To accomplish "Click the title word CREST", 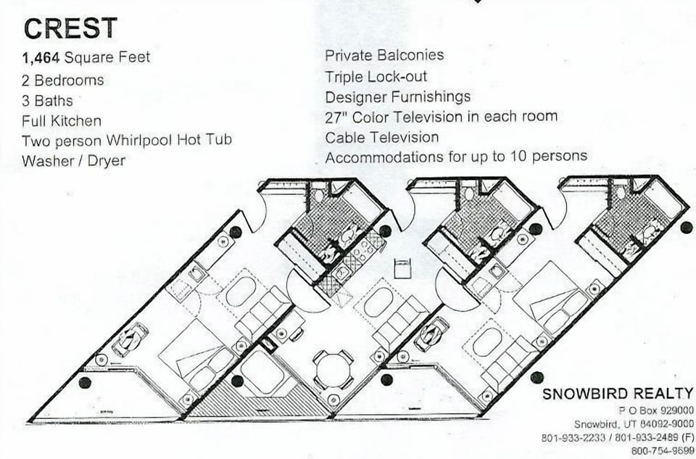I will coord(70,28).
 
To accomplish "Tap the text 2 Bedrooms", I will coord(63,80).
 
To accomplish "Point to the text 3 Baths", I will coord(48,100).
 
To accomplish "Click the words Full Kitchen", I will coord(62,120).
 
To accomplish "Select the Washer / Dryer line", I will coord(73,160).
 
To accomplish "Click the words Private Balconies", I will coord(384,55).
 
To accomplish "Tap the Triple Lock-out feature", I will coord(376,76).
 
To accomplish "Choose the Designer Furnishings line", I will coord(397,96).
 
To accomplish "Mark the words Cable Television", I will coord(381,137).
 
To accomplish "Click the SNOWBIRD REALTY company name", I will coord(618,393).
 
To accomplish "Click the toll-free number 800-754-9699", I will coord(662,451).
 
